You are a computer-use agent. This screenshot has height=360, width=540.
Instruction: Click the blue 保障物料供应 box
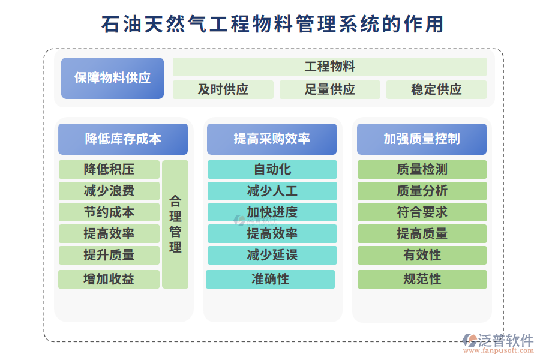tap(112, 78)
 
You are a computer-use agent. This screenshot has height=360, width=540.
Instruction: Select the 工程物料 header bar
tap(329, 67)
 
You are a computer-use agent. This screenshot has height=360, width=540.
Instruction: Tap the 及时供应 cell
tap(223, 89)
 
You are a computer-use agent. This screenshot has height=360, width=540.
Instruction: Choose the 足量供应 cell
tap(329, 89)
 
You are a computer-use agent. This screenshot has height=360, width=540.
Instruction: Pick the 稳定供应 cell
tap(436, 89)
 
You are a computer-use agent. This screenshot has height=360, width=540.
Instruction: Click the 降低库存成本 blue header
tap(123, 139)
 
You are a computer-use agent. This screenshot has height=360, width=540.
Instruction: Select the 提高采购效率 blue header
tap(272, 139)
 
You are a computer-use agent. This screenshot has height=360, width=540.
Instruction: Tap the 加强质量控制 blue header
tap(422, 139)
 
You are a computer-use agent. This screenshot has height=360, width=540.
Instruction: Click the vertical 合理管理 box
tap(175, 224)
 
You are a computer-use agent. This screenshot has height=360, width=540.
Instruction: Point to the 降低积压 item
tap(109, 169)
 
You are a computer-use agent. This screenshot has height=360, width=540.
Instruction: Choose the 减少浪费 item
tap(109, 191)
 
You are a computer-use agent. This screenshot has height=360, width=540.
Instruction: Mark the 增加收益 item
tap(109, 279)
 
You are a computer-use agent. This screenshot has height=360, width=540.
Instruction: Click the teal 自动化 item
tap(272, 169)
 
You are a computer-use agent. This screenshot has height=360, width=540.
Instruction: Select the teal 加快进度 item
tap(272, 212)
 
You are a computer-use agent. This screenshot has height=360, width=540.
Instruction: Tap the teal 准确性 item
tap(270, 279)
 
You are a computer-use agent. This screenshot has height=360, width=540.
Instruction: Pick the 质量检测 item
tap(422, 169)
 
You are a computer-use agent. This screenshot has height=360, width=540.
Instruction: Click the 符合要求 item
tap(422, 212)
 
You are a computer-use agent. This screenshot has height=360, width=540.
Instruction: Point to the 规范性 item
tap(422, 279)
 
